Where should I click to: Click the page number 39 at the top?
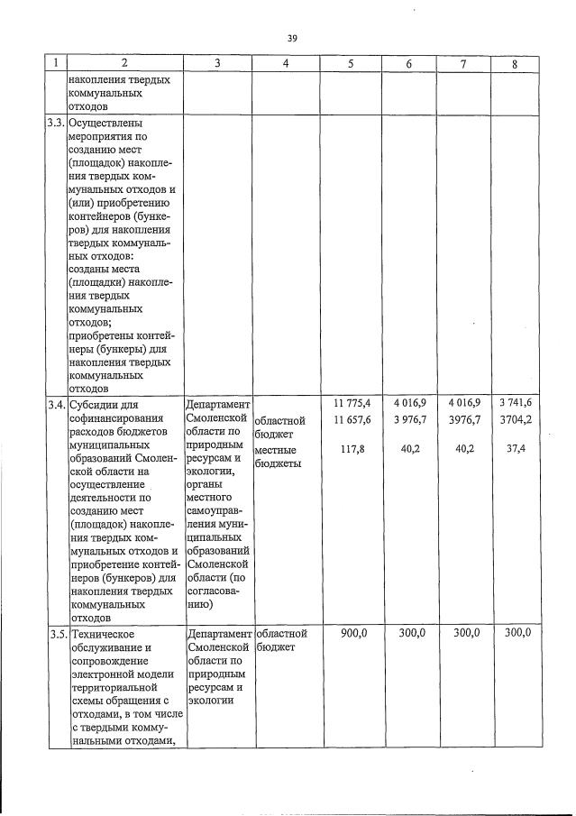click(x=292, y=38)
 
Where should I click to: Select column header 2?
click(x=124, y=64)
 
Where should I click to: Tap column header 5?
click(x=351, y=64)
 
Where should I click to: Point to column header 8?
click(x=515, y=64)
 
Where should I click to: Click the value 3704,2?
click(x=516, y=420)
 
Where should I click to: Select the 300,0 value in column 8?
click(x=517, y=634)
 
